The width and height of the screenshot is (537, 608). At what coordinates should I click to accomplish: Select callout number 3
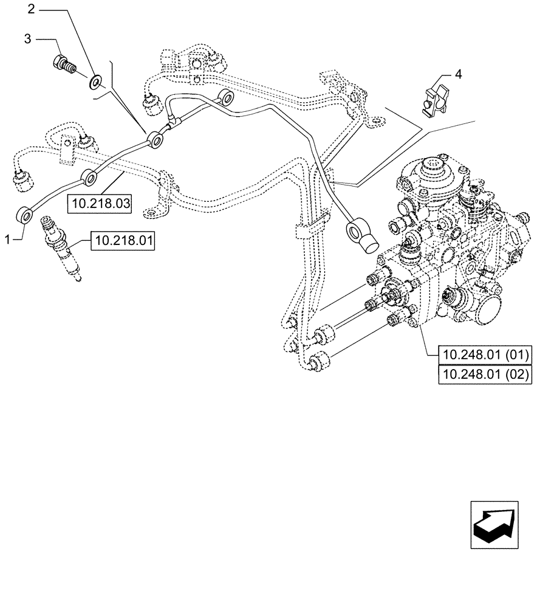(x=27, y=39)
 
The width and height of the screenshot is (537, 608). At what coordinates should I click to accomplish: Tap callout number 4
(x=458, y=75)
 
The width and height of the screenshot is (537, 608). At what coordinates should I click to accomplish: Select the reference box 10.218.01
(x=123, y=241)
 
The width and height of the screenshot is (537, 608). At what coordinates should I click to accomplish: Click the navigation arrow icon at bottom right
(x=494, y=525)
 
